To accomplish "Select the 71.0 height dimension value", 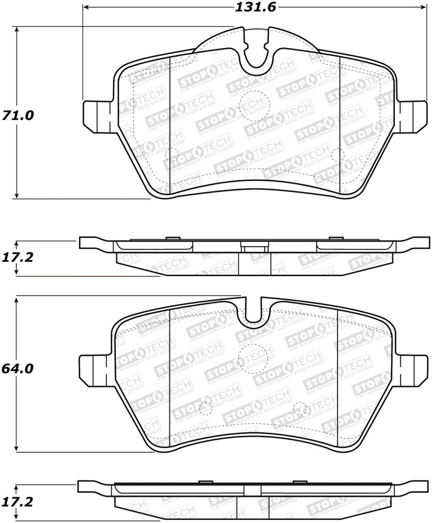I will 18,115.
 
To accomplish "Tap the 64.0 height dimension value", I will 18,369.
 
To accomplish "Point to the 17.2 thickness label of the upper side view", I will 18,257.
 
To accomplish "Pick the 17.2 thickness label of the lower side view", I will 18,502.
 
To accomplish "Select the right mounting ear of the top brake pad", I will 413,115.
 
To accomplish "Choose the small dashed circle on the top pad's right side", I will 337,155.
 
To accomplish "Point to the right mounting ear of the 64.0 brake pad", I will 413,369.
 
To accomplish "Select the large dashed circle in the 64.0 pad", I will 249,358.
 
